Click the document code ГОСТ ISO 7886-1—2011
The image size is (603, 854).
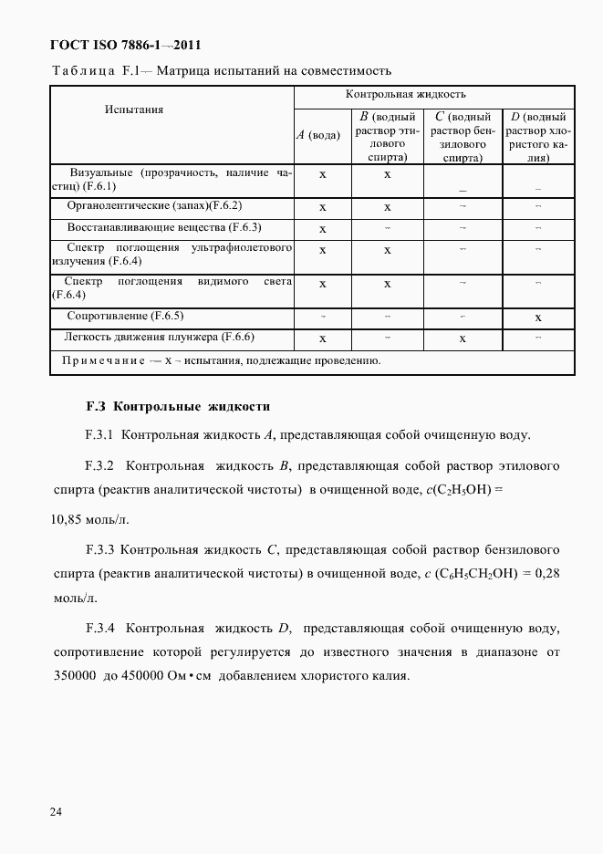pos(125,45)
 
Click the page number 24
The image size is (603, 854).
pos(56,811)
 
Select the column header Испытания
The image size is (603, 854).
pos(134,109)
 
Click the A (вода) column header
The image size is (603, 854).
pos(318,135)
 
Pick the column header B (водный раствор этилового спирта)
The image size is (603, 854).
pos(387,136)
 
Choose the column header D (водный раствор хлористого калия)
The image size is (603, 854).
pos(538,136)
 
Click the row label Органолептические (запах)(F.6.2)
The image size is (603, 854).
pos(154,206)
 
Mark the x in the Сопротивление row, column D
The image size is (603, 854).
pos(538,318)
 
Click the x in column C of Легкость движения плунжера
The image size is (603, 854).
pos(463,338)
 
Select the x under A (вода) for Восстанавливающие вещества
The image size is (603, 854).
pos(322,229)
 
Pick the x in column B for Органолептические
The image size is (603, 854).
pos(387,207)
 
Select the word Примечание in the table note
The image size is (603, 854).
pos(102,360)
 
